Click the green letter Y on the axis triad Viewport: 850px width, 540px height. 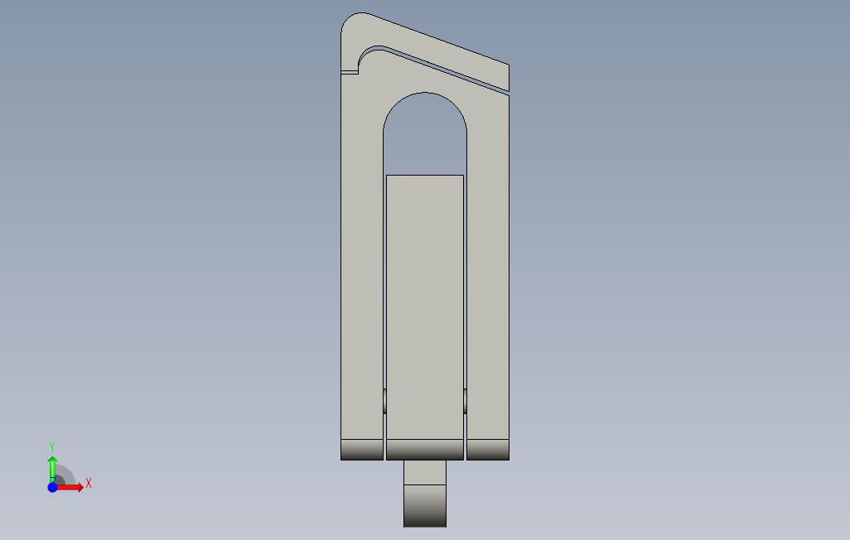pos(52,446)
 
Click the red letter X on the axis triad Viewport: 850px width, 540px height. pos(89,483)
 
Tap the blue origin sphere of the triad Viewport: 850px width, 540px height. pos(52,488)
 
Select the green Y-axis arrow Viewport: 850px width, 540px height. pos(52,469)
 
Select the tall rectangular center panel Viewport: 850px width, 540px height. pos(425,307)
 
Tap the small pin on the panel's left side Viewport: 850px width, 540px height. pos(385,401)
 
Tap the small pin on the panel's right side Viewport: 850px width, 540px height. pos(465,401)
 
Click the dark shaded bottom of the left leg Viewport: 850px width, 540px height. pos(362,450)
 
